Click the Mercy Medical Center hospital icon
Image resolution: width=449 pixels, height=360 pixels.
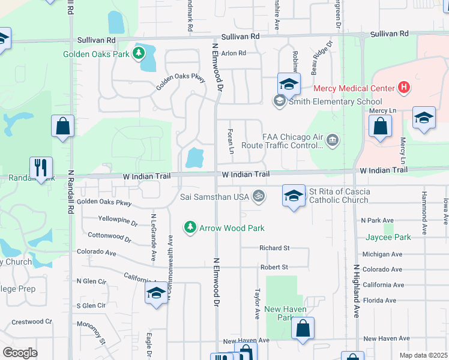tap(404, 88)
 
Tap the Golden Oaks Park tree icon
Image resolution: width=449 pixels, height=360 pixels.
tap(139, 53)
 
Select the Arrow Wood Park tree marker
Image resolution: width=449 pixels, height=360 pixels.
tap(190, 227)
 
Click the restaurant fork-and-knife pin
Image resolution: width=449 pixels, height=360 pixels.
tap(41, 168)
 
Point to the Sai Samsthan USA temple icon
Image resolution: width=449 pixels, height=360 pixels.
tap(259, 196)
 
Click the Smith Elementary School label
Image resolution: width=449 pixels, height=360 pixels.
tap(336, 101)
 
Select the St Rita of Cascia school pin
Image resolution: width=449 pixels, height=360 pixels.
tap(294, 197)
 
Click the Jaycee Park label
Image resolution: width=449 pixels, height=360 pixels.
tap(388, 237)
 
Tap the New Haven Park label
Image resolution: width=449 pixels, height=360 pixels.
tap(286, 313)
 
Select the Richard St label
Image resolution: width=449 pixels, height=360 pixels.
tap(274, 248)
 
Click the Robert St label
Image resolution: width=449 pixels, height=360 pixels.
tap(274, 267)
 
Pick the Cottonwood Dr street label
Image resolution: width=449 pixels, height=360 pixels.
tap(109, 238)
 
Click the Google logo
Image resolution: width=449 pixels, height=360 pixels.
tap(20, 353)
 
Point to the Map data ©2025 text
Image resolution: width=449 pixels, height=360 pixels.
tap(423, 355)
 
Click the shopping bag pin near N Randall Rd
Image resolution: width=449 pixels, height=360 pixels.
tap(63, 126)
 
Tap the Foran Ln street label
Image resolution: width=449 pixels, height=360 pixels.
tap(231, 140)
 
